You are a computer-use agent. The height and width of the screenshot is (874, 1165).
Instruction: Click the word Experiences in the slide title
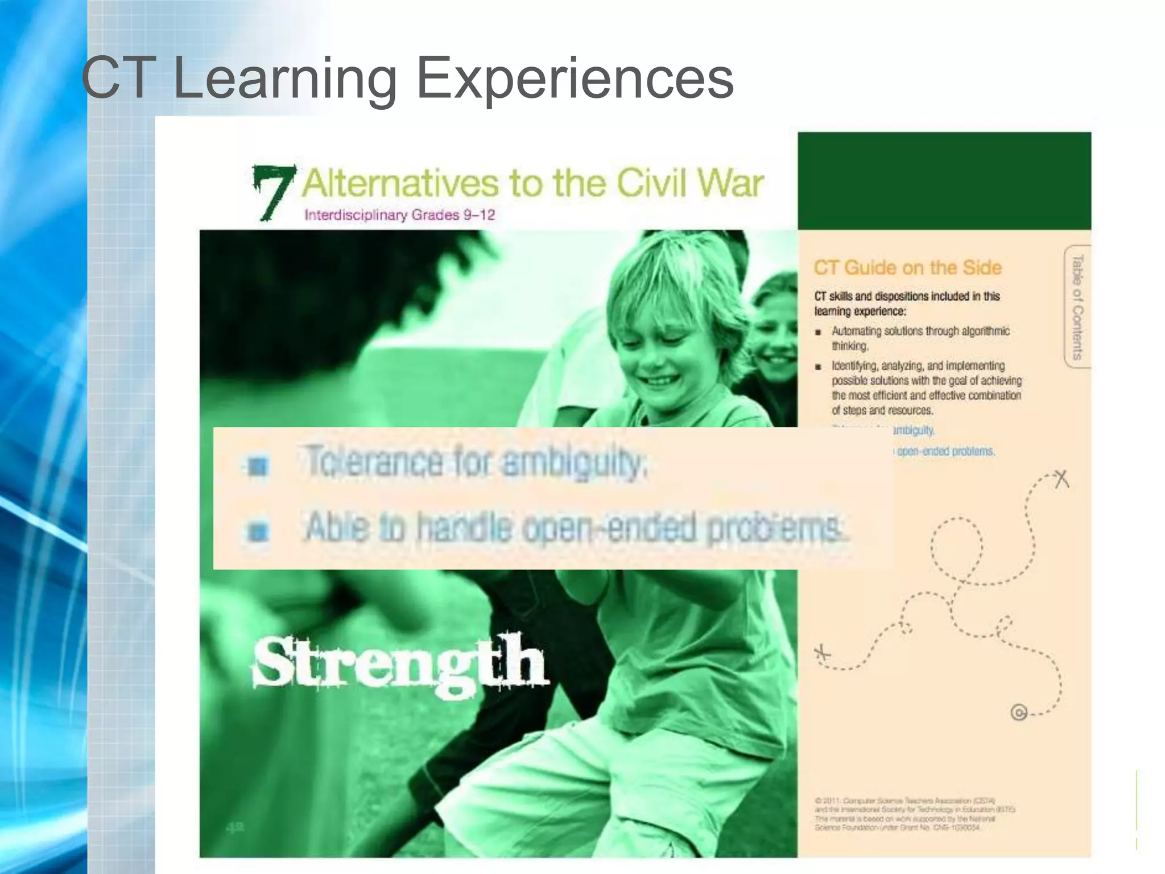tap(575, 80)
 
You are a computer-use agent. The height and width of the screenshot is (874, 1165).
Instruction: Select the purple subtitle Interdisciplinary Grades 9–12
tap(399, 215)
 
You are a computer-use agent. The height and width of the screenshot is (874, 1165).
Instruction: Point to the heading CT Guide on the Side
tap(907, 267)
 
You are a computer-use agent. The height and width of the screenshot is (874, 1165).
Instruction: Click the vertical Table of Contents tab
tap(1077, 307)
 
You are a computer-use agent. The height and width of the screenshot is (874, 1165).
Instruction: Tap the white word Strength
tap(400, 663)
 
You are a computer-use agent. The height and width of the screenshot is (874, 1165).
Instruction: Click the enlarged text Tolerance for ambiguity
tap(476, 461)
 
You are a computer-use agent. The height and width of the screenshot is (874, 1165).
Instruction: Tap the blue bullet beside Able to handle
tap(258, 531)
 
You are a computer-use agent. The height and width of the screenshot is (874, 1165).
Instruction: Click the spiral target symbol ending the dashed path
tap(1019, 712)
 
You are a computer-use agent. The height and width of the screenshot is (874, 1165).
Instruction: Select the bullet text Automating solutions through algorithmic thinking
tap(920, 338)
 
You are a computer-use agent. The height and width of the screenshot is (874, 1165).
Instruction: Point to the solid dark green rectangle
tap(944, 180)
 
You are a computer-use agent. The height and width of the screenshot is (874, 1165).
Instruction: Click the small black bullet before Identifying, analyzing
tap(818, 366)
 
